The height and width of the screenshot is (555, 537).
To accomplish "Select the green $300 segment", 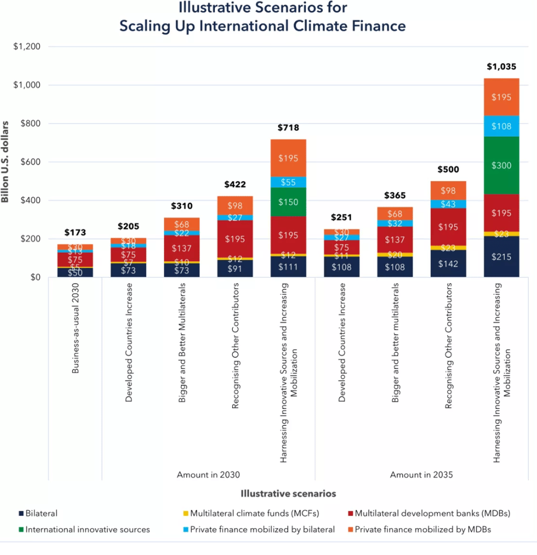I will point(501,166).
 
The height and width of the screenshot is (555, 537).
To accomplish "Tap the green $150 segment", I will point(288,202).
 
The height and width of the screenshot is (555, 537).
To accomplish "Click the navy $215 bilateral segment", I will point(501,257).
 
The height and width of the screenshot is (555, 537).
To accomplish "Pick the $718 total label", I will point(288,128).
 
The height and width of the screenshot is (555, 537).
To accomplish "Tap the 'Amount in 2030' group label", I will point(208,474).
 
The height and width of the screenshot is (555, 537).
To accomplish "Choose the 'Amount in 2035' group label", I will point(421,474).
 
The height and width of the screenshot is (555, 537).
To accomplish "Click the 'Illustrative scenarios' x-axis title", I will point(288,493).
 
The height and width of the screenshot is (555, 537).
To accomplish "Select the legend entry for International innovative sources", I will point(87,529).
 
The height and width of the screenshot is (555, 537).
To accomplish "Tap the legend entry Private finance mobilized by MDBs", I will point(422,529).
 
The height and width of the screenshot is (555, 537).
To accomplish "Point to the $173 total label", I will point(75,232).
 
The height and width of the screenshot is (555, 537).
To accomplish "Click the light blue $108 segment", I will point(501,126).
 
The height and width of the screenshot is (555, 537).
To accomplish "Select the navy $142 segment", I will point(448,264).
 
